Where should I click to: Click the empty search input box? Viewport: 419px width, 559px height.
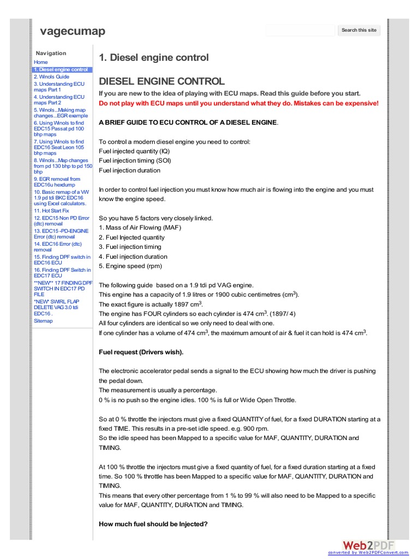pyautogui.click(x=301, y=31)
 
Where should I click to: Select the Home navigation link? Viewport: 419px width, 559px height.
pyautogui.click(x=41, y=62)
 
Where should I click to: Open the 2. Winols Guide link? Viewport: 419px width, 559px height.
pyautogui.click(x=51, y=77)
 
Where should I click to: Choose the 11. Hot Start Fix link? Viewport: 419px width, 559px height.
pyautogui.click(x=51, y=210)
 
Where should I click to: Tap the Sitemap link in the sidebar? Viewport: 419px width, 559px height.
pyautogui.click(x=43, y=321)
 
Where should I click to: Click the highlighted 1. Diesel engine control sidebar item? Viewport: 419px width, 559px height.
pyautogui.click(x=62, y=70)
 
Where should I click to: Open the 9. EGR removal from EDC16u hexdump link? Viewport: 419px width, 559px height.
pyautogui.click(x=57, y=182)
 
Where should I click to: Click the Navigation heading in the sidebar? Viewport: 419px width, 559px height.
pyautogui.click(x=51, y=53)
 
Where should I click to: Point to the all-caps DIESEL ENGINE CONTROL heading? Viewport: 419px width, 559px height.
pyautogui.click(x=161, y=81)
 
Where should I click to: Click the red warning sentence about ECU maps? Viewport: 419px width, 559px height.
pyautogui.click(x=238, y=103)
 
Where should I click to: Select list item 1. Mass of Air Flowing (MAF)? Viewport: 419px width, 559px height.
pyautogui.click(x=140, y=228)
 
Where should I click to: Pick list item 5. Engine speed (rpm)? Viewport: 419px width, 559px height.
pyautogui.click(x=130, y=266)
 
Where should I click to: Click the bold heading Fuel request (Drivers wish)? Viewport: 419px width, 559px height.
pyautogui.click(x=141, y=352)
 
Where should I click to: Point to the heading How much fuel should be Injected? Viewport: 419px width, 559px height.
pyautogui.click(x=153, y=525)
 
